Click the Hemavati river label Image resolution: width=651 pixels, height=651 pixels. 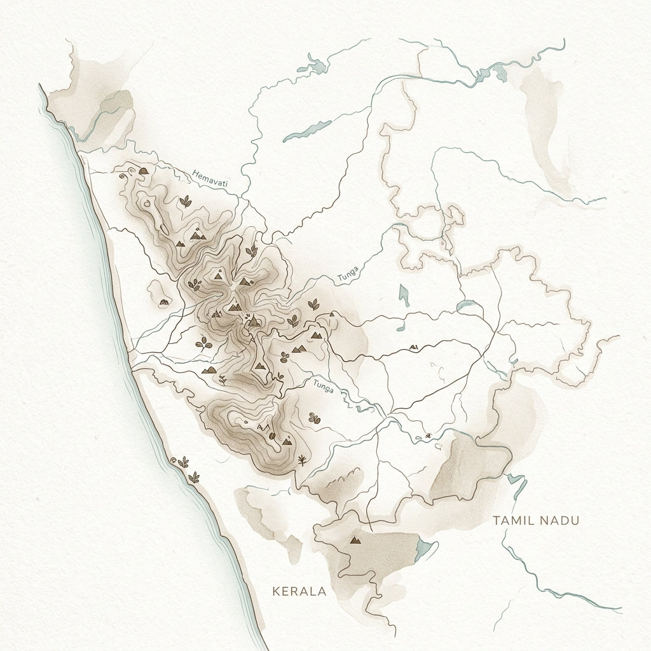coord(209,178)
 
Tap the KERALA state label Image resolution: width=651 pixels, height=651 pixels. coord(298,591)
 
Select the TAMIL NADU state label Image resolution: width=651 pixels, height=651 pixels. coord(537,521)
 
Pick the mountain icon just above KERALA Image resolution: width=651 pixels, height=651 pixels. coord(355,540)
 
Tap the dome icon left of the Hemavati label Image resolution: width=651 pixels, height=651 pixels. coord(144,171)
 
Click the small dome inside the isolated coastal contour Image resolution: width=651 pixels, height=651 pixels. coord(163,302)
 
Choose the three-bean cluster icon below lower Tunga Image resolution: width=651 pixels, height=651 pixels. coord(313,418)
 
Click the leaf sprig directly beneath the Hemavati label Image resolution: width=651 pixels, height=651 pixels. coord(186,202)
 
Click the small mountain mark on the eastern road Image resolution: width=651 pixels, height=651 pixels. coord(414,347)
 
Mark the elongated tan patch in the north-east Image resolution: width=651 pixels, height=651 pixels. coord(544,121)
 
